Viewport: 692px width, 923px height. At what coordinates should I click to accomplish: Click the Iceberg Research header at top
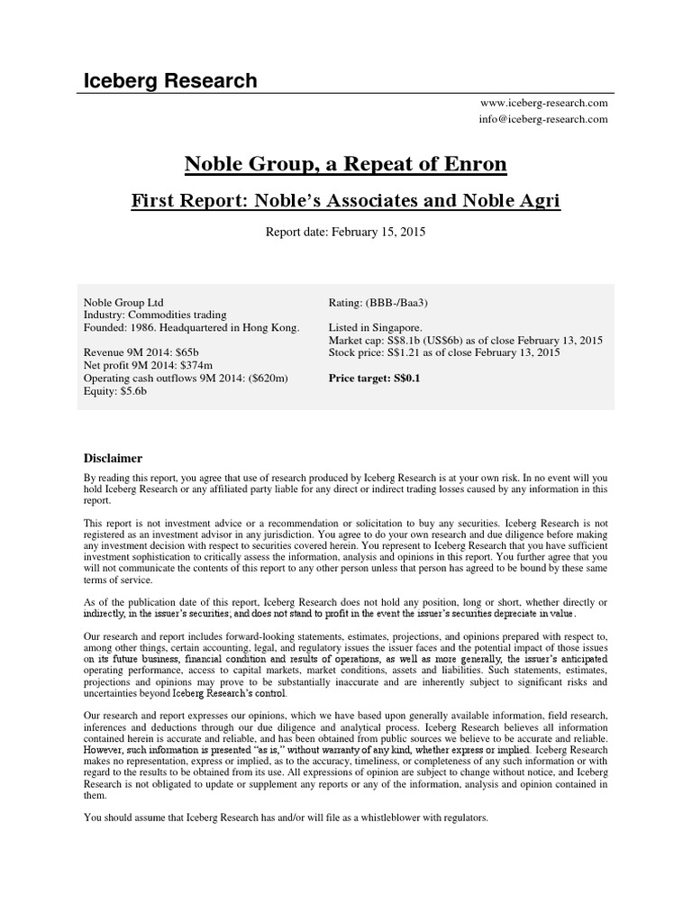169,81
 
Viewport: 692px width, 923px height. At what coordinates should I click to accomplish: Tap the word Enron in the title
474,165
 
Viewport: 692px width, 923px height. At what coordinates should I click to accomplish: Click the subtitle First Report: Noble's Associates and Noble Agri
345,200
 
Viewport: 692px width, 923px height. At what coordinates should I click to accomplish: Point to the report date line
345,232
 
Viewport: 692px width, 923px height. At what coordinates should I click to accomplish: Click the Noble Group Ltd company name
123,303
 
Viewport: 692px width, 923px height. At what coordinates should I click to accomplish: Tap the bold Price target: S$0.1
376,379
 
